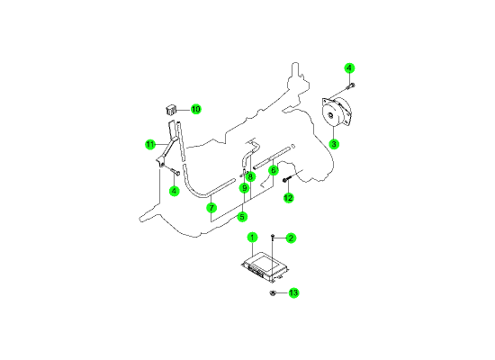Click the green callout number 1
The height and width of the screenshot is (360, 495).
pos(252,238)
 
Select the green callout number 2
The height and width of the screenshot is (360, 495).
pos(291,238)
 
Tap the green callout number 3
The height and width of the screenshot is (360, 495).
pos(334,144)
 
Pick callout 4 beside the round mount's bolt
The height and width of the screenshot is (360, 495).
pos(349,67)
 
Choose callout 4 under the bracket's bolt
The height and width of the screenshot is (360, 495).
pos(174,191)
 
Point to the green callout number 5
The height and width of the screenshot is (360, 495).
pos(242,217)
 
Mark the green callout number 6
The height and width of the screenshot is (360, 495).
pos(274,170)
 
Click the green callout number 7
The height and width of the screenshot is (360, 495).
pos(211,208)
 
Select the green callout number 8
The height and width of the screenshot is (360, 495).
pos(250,176)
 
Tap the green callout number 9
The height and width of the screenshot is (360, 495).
pos(244,188)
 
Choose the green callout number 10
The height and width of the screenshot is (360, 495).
pos(195,109)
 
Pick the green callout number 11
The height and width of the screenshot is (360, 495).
pos(150,144)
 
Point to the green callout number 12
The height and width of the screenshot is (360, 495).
pos(288,198)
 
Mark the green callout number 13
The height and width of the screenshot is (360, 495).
pos(293,292)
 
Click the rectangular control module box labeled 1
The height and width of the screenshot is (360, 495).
pos(265,267)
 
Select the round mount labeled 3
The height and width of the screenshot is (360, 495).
pos(336,112)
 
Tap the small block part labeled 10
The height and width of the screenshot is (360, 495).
pos(171,110)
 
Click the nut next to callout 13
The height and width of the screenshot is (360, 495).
pos(273,293)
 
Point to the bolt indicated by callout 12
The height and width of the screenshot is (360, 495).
pos(286,180)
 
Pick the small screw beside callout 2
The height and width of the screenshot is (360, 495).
pos(273,237)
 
